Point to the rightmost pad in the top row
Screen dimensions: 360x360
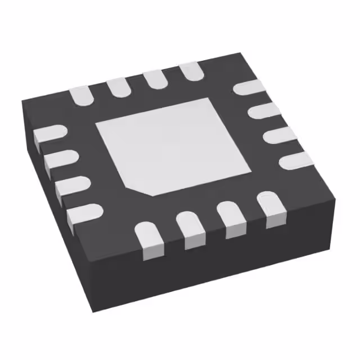click(x=191, y=71)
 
